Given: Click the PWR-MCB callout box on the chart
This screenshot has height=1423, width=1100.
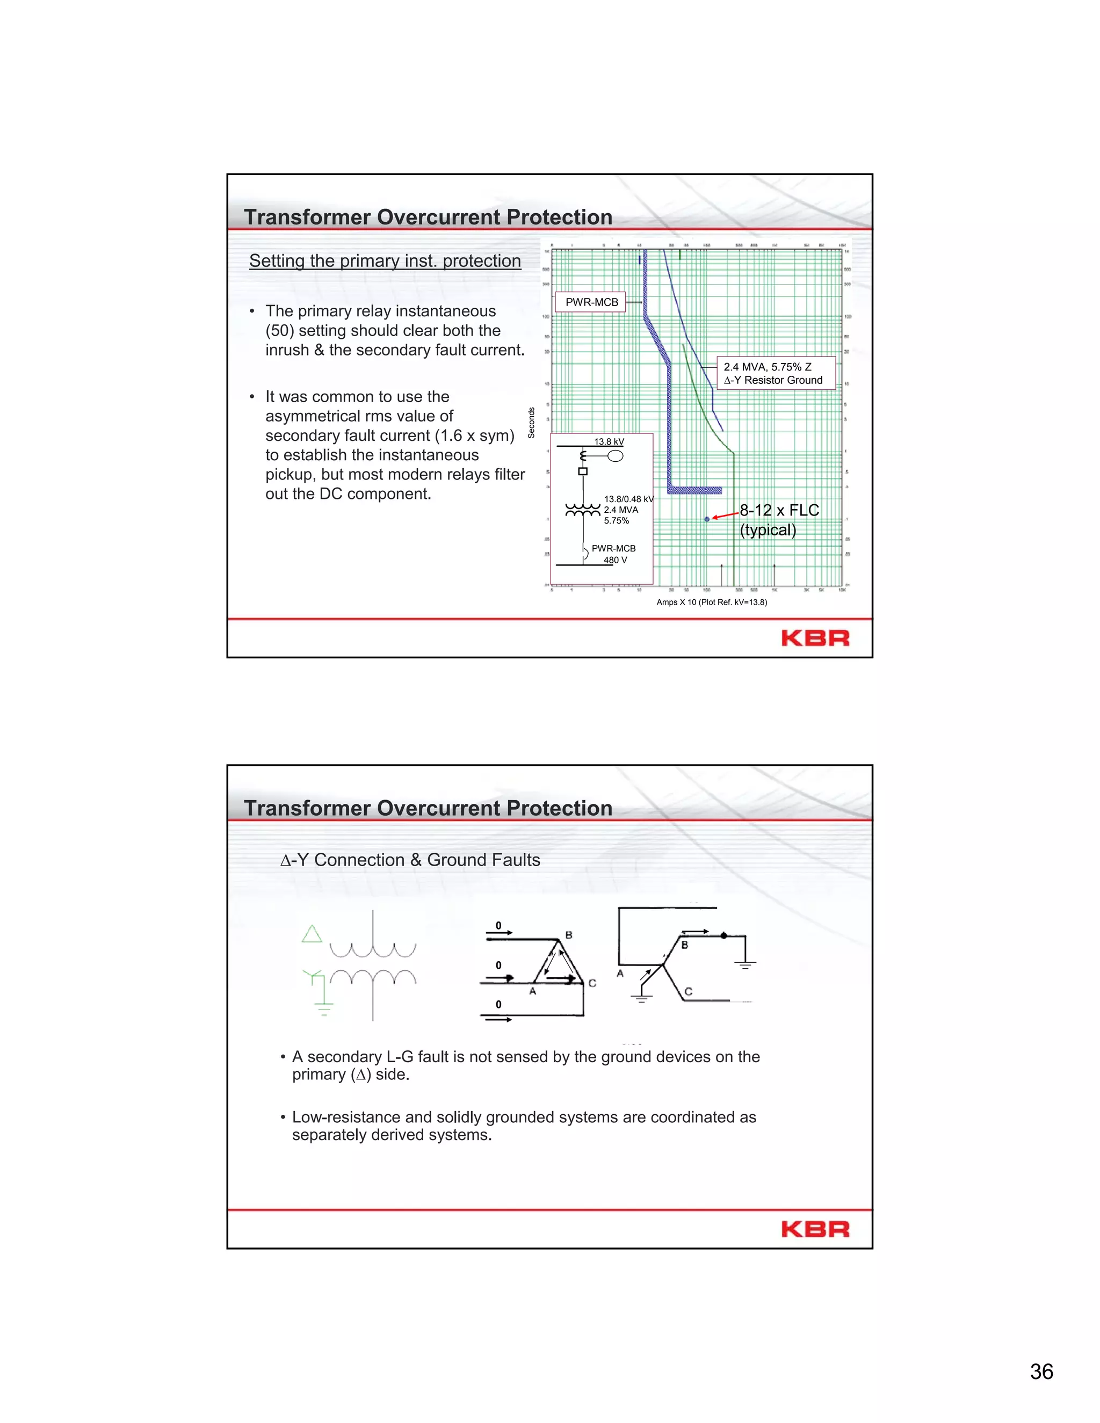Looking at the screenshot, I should coord(591,302).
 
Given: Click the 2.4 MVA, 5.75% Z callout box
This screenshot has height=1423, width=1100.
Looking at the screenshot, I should coord(776,373).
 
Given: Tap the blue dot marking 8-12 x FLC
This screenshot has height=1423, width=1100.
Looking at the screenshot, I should coord(707,519).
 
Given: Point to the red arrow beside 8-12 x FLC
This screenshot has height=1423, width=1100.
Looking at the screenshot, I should coord(725,516).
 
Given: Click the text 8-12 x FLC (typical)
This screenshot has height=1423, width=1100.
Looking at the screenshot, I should coord(778,520).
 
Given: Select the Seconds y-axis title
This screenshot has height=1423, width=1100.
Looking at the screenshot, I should coord(531,422).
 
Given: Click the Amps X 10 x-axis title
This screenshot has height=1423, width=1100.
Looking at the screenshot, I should coord(712,602).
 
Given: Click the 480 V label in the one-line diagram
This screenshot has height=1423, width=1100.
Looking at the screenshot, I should coord(614,560).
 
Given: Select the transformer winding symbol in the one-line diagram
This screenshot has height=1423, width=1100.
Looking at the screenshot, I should coord(583,510).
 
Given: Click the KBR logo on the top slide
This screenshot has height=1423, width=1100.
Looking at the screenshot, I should coord(815,638).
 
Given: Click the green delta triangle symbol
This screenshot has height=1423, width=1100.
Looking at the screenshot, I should coord(312,934).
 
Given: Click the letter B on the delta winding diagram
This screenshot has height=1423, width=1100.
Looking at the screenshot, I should coord(569,935).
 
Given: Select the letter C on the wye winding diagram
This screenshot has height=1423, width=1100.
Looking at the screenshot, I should coord(688,992).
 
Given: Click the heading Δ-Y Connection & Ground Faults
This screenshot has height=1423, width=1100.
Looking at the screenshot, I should coord(410,860).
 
